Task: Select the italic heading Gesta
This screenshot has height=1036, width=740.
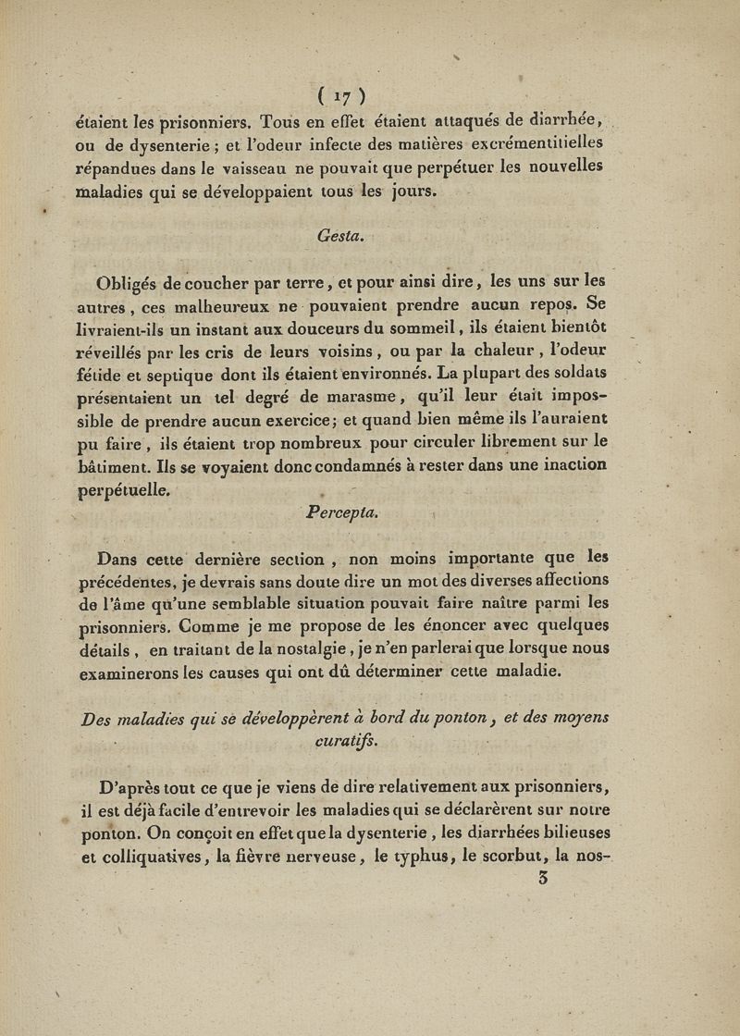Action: [342, 236]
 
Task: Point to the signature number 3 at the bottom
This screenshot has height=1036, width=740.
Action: [543, 878]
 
